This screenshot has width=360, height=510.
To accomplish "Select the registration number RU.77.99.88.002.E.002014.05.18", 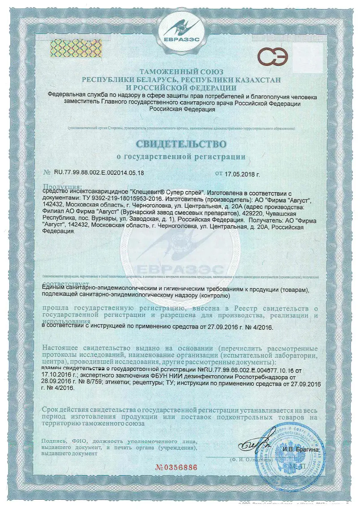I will click(x=99, y=173).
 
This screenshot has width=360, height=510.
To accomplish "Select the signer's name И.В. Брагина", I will click(x=300, y=449).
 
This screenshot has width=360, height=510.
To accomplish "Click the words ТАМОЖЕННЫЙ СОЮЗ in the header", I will click(x=181, y=72).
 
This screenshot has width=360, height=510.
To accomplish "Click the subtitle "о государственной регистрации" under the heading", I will click(x=181, y=157).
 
